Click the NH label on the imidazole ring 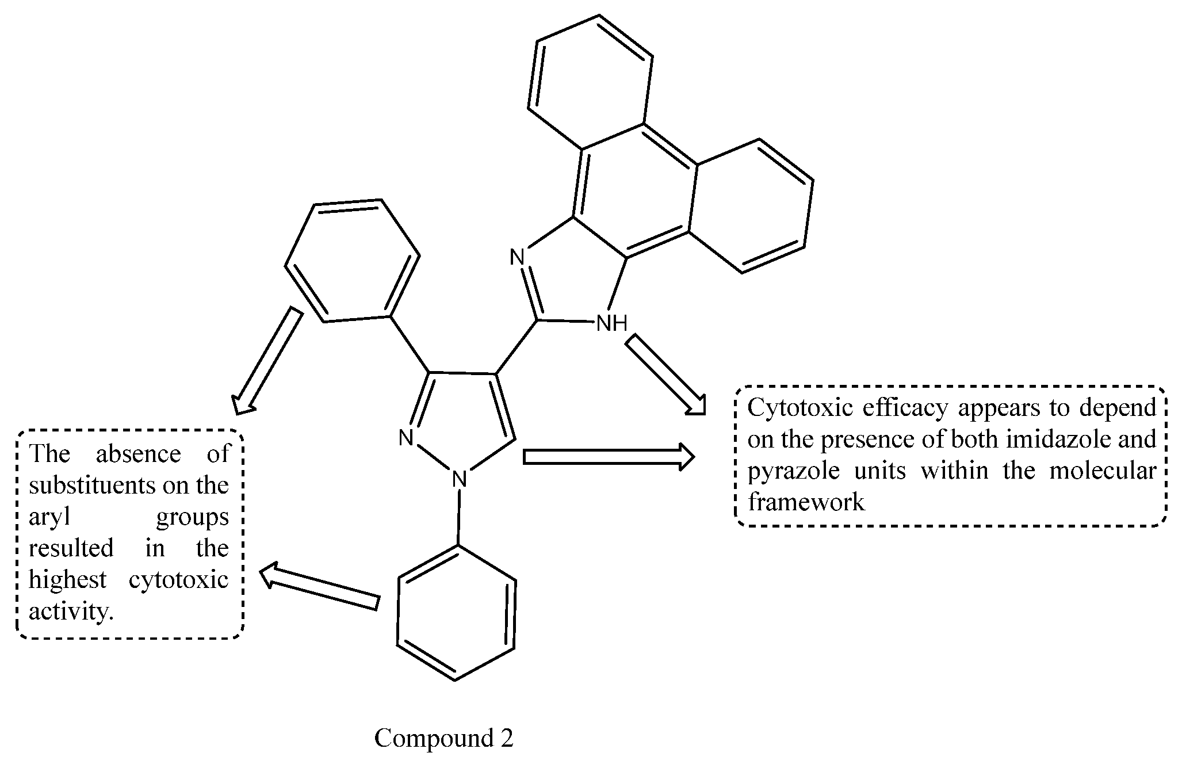click(x=611, y=323)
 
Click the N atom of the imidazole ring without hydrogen click(x=518, y=257)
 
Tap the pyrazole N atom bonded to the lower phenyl click(x=458, y=479)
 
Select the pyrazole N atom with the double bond click(x=407, y=438)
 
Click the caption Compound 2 click(x=443, y=738)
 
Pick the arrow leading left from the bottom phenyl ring click(x=320, y=587)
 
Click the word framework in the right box click(x=805, y=502)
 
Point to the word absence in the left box click(x=138, y=454)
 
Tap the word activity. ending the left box click(x=71, y=611)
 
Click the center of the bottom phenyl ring click(x=456, y=613)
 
